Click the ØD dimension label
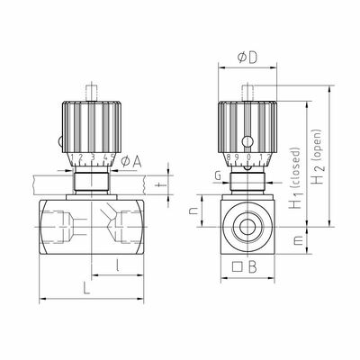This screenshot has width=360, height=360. click(247, 58)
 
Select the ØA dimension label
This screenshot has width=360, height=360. click(130, 162)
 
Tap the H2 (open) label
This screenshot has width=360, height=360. click(318, 157)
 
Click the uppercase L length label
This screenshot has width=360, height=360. click(86, 289)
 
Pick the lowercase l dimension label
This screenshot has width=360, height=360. click(118, 265)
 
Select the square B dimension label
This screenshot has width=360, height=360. click(245, 266)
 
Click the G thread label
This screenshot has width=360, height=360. click(218, 176)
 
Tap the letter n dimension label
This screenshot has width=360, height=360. click(194, 211)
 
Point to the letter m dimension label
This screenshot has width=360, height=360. click(297, 240)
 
